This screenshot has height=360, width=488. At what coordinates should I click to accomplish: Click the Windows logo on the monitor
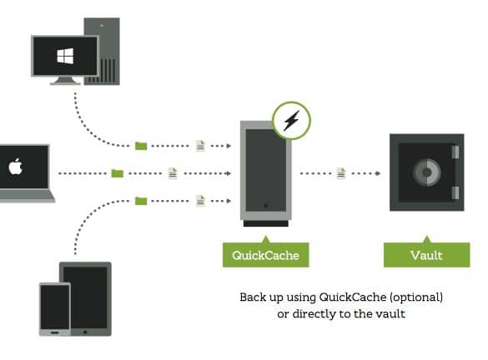(x=65, y=57)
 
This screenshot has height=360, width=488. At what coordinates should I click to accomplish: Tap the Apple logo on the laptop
(x=16, y=167)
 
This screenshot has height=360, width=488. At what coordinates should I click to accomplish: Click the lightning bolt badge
(x=291, y=120)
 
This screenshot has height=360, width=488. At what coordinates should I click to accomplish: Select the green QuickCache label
(x=266, y=254)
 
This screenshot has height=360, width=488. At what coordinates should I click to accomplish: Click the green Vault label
(x=427, y=254)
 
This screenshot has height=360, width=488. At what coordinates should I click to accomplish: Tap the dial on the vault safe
(x=427, y=172)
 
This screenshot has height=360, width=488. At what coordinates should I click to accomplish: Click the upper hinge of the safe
(x=455, y=152)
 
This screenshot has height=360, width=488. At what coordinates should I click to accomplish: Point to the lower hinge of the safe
(x=455, y=192)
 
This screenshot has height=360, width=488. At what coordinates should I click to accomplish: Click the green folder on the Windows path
(x=141, y=146)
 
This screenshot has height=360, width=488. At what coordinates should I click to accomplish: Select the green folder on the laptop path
(x=118, y=173)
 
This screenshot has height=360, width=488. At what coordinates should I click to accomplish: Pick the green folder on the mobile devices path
(x=141, y=201)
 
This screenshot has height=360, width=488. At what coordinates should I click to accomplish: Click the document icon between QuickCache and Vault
(x=341, y=172)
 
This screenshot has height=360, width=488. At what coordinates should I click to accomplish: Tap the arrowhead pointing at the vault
(x=378, y=173)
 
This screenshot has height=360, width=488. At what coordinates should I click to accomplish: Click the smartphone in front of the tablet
(x=55, y=309)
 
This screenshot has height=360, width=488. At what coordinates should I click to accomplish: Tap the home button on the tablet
(x=85, y=332)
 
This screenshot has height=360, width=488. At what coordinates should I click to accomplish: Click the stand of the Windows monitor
(x=65, y=81)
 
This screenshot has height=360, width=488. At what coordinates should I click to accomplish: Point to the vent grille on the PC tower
(x=108, y=71)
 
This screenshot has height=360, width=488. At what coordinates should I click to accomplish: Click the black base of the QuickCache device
(x=266, y=223)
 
